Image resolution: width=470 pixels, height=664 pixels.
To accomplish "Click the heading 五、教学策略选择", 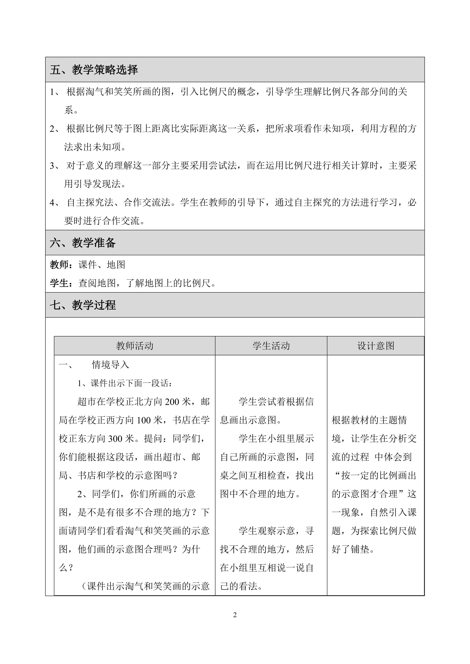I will tap(94, 70).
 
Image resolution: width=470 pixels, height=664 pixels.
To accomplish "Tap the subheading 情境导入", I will tap(111, 365).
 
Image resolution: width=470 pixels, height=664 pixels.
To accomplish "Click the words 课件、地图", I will tap(102, 265).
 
